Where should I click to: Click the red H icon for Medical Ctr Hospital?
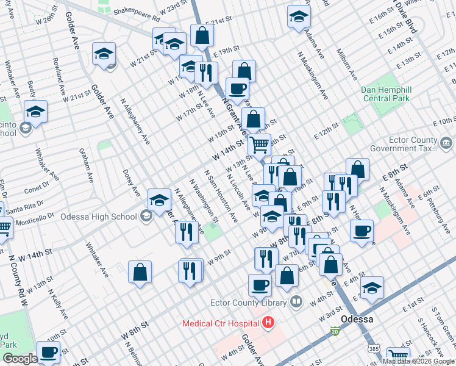click(267, 323)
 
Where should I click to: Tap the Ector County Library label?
click(248, 303)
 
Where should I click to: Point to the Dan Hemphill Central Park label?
click(387, 94)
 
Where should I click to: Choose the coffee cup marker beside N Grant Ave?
click(237, 88)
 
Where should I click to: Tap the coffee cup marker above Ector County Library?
click(260, 284)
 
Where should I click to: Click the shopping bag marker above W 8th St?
click(140, 273)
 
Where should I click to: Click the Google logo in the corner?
click(21, 359)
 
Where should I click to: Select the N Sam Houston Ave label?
click(221, 196)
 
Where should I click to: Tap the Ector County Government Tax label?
click(413, 144)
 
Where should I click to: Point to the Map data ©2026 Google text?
click(418, 361)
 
